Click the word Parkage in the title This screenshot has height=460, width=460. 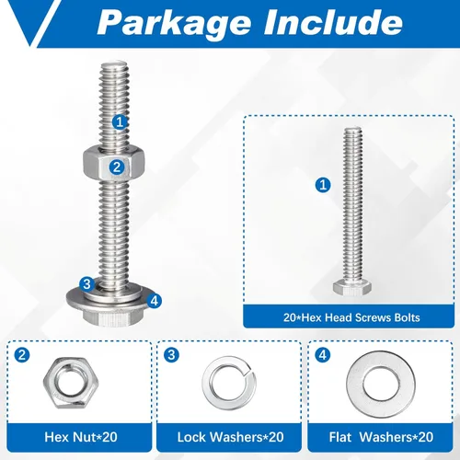174,23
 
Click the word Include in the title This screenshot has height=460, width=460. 333,21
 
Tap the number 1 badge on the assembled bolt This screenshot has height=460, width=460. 120,122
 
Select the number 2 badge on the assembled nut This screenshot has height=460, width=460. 117,167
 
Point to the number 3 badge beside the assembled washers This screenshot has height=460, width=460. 86,283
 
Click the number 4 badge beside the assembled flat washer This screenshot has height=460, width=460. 155,301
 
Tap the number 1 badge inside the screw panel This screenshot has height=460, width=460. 323,185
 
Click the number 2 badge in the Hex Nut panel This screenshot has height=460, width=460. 22,355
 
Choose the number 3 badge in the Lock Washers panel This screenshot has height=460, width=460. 171,355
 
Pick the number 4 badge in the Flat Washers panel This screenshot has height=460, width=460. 323,355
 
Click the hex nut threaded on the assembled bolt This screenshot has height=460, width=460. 114,163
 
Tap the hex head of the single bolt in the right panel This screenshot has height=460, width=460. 352,287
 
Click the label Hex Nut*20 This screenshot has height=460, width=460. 81,437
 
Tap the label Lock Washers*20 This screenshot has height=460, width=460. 230,437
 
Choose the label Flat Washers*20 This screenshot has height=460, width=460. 381,437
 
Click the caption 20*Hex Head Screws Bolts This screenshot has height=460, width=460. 351,317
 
